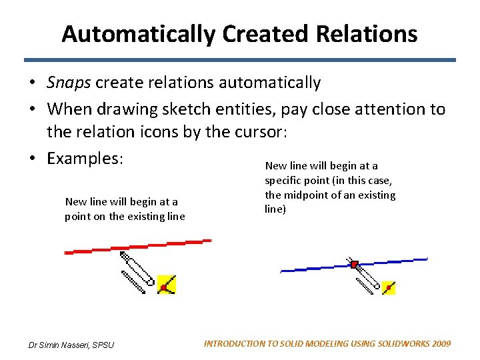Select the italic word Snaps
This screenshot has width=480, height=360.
[x=69, y=83]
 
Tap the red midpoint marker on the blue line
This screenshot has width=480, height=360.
[x=355, y=265]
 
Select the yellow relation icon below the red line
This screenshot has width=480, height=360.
[x=166, y=285]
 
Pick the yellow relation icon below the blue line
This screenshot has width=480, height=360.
[x=388, y=287]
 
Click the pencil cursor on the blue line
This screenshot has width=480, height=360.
[x=365, y=279]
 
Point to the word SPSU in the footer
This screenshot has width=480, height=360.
[x=103, y=345]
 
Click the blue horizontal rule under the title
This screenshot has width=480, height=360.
[x=239, y=60]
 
